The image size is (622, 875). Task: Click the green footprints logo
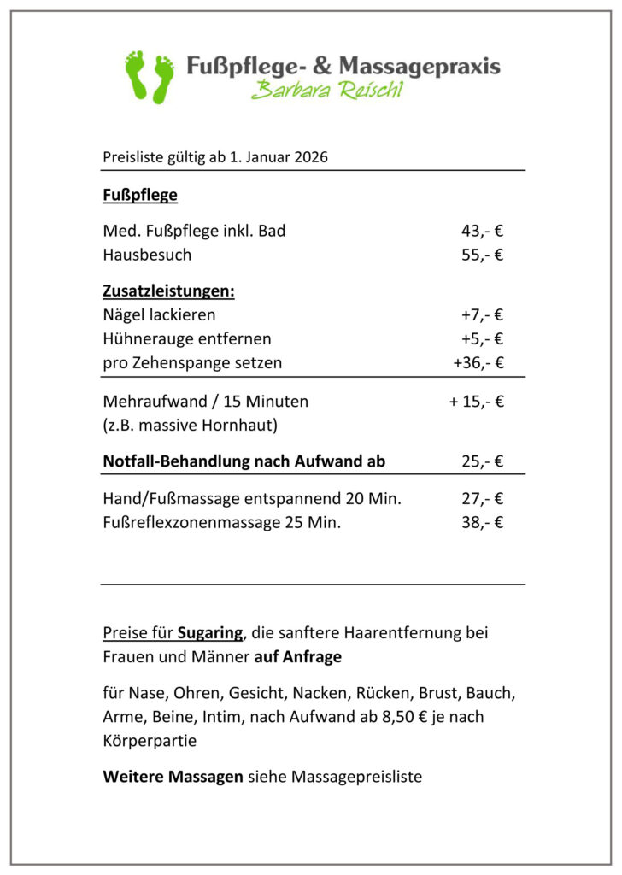[149, 76]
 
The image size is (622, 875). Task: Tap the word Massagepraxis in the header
[420, 66]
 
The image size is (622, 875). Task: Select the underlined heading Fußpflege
[140, 195]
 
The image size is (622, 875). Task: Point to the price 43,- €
[482, 231]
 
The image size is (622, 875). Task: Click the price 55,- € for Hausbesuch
[482, 255]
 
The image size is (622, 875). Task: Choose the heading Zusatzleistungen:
[168, 291]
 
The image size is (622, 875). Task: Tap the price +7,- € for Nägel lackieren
[482, 314]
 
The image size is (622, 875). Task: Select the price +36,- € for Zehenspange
[478, 362]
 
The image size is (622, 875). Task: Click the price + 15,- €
[476, 401]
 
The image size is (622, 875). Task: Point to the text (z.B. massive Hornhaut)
[190, 424]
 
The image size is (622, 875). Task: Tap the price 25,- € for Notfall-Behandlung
[482, 461]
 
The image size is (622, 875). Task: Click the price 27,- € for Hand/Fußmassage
[482, 498]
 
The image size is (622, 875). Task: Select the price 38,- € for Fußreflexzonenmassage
[482, 522]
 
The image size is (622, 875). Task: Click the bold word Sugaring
[210, 633]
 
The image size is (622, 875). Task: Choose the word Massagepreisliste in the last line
[356, 777]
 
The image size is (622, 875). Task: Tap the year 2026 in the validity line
[311, 157]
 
